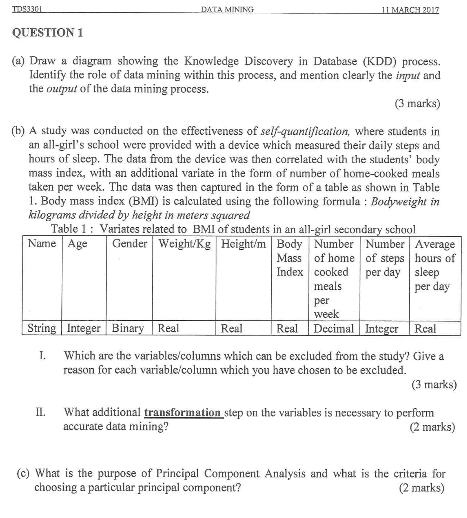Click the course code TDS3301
(27, 9)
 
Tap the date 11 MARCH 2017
(410, 10)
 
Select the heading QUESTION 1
(47, 33)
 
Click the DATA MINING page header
(227, 10)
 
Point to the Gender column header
(130, 244)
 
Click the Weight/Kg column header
(184, 244)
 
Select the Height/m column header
(243, 244)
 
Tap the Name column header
(42, 244)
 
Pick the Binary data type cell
(128, 328)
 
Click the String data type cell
(42, 328)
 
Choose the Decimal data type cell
(334, 329)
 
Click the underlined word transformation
(182, 413)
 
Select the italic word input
(408, 75)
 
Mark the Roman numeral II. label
(40, 413)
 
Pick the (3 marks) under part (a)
(417, 104)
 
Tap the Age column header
(77, 244)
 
